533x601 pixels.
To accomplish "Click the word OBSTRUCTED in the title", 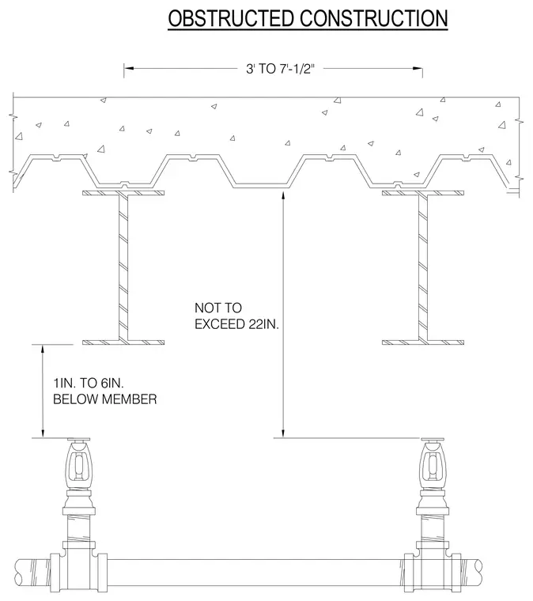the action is pyautogui.click(x=231, y=18).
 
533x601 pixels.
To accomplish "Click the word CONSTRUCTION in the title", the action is pyautogui.click(x=374, y=18).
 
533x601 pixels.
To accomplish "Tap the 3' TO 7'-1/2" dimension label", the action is pyautogui.click(x=280, y=69).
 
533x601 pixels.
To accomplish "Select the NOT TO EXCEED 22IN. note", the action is pyautogui.click(x=236, y=316).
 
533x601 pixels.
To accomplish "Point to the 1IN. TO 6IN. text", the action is pyautogui.click(x=89, y=383).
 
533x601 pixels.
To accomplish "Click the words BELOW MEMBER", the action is pyautogui.click(x=105, y=399).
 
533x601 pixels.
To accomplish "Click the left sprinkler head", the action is pyautogui.click(x=79, y=463).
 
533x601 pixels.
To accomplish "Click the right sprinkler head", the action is pyautogui.click(x=433, y=463).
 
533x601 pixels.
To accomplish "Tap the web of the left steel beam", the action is pyautogui.click(x=123, y=267).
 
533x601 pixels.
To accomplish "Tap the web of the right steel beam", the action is pyautogui.click(x=423, y=267).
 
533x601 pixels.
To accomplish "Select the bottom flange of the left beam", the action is pyautogui.click(x=123, y=342).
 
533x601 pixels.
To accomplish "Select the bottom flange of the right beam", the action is pyautogui.click(x=423, y=342).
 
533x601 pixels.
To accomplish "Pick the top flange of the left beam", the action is pyautogui.click(x=123, y=193).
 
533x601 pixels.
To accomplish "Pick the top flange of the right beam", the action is pyautogui.click(x=423, y=193).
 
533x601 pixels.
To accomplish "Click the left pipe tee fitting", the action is pyautogui.click(x=79, y=565).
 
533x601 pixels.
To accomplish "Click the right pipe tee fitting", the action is pyautogui.click(x=433, y=565).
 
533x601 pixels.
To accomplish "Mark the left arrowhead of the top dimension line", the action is pyautogui.click(x=128, y=69).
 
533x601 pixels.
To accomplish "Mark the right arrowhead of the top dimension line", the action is pyautogui.click(x=418, y=69).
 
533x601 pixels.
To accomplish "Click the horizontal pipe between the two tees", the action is pyautogui.click(x=255, y=573).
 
